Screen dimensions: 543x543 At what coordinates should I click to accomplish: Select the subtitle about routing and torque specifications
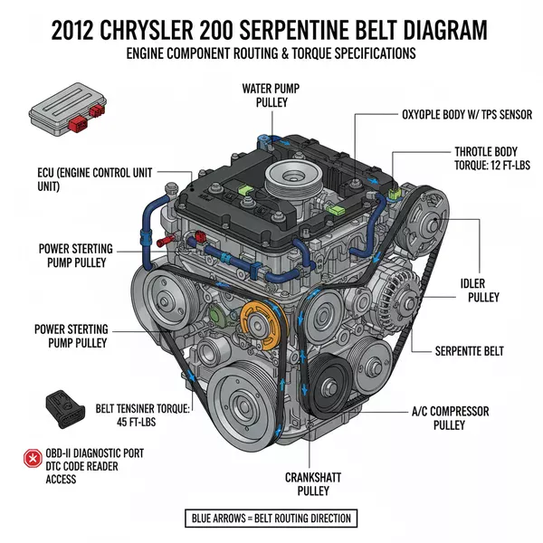click(271, 53)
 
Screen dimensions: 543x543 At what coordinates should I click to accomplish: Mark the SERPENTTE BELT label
click(481, 350)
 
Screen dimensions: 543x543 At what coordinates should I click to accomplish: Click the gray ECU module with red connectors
click(61, 109)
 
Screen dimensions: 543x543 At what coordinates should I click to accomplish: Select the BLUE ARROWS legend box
click(271, 519)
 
